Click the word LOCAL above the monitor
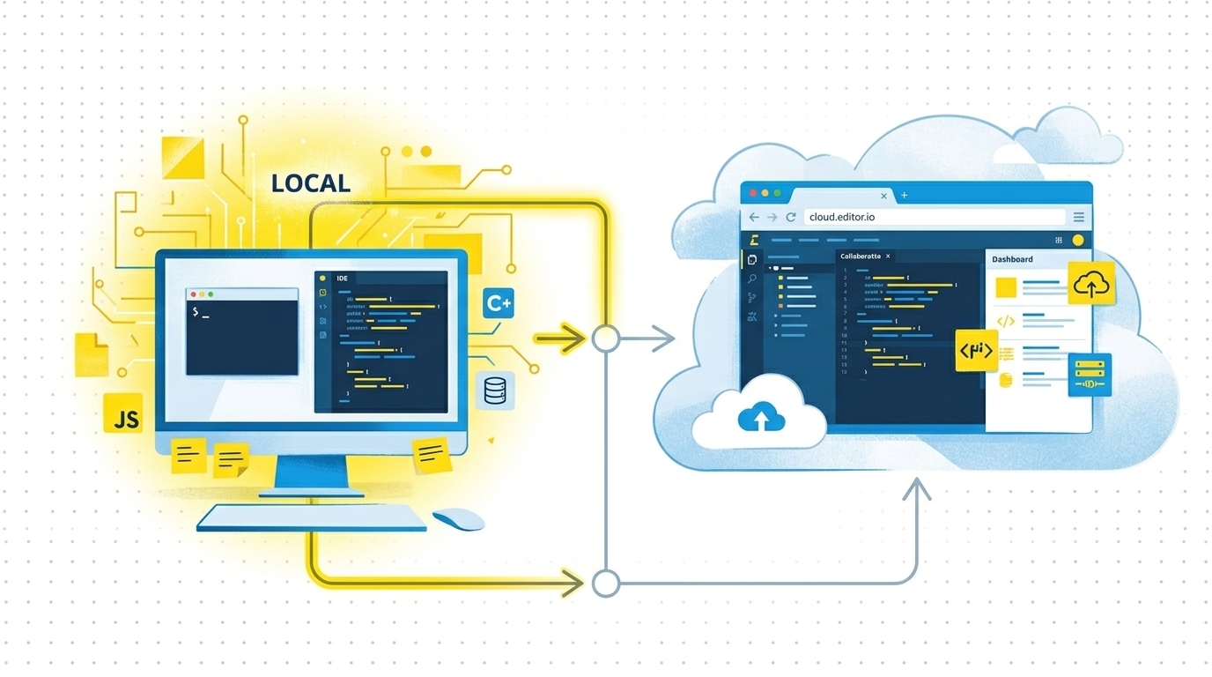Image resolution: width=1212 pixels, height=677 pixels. pos(310,183)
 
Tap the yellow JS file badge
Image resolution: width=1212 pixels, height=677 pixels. pos(123,413)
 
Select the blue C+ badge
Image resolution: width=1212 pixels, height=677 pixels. pos(499,303)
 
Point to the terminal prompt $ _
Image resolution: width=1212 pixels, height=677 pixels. pos(200,312)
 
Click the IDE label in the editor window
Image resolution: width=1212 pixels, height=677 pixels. pos(342,279)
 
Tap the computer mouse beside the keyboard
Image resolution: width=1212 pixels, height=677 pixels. pos(458,518)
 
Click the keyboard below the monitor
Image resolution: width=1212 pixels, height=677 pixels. pos(311,517)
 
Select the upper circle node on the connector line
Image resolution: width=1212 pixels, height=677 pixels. pos(605,338)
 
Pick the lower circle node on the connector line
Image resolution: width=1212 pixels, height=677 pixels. pos(605,583)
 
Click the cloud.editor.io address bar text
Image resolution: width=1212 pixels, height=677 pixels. pos(841,217)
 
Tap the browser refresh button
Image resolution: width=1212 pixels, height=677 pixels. pos(791,217)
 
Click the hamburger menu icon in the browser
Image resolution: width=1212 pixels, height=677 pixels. pos(1078,217)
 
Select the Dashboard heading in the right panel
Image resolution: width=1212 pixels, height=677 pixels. pos(1012,259)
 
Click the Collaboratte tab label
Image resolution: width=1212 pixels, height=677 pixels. pos(860,257)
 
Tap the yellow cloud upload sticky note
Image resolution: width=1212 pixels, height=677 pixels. pos(1091,284)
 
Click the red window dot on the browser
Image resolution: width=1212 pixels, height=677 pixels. pos(753,193)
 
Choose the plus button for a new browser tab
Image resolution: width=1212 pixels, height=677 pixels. pos(904,195)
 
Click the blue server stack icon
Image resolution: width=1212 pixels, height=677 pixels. pos(1090,374)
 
